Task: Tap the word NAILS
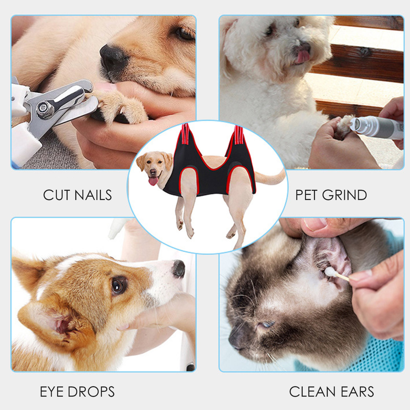tap(93, 195)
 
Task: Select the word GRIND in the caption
tap(344, 195)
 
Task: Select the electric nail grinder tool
tap(377, 127)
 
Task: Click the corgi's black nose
tap(179, 268)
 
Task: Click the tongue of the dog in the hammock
tap(153, 181)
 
